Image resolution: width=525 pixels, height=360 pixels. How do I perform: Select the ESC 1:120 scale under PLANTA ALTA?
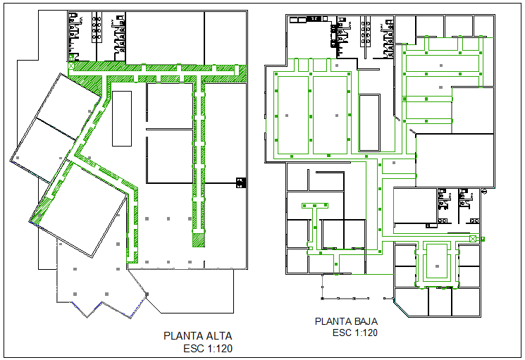[x=208, y=348]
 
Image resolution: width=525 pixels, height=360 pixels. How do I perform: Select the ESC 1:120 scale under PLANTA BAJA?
[x=355, y=333]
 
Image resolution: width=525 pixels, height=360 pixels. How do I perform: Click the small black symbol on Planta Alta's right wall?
[x=241, y=182]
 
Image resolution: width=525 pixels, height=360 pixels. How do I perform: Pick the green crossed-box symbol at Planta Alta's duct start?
[x=71, y=56]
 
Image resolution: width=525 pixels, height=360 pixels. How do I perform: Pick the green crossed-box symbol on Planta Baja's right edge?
[x=472, y=240]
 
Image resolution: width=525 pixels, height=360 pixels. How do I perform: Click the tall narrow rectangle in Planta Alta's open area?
[x=122, y=118]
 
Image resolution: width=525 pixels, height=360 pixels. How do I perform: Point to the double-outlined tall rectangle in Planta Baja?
[x=369, y=123]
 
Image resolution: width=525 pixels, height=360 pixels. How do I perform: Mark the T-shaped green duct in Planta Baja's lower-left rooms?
[x=315, y=207]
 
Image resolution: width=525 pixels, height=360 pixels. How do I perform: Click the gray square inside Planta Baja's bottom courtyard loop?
[x=437, y=266]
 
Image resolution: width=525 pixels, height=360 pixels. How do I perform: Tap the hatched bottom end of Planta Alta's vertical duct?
[x=199, y=240]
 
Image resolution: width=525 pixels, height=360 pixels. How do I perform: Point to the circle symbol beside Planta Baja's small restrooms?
[x=484, y=192]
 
